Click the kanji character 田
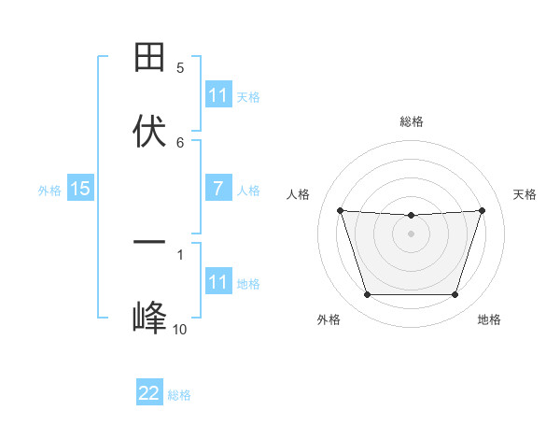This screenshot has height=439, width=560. pos(149,57)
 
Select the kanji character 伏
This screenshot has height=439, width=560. pos(149,131)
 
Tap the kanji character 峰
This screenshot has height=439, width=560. pos(149,318)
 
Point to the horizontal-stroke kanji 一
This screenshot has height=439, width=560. pos(149,242)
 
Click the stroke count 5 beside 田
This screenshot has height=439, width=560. pos(180,68)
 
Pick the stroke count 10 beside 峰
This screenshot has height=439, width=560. pos(179,329)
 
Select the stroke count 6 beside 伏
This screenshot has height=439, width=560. pos(180,142)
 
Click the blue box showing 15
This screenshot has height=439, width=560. pos(80,190)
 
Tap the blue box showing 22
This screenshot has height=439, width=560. pos(149,393)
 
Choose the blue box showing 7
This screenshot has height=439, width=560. pos(217,190)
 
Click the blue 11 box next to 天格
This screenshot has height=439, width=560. pos(217,95)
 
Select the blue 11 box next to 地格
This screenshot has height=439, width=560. pos(217,282)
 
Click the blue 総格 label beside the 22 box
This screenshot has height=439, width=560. pos(179,395)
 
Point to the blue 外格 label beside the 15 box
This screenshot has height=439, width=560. pos(49,191)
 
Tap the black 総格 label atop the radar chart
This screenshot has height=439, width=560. pos(411,121)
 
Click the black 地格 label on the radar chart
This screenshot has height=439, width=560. pos(489,319)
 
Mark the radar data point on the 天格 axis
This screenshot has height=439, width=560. pos(482,210)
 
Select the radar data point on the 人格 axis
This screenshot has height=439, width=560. pos(340,210)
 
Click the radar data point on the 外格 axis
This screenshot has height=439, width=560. pos(367,295)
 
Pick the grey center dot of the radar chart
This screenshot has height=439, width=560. pos(411,234)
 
